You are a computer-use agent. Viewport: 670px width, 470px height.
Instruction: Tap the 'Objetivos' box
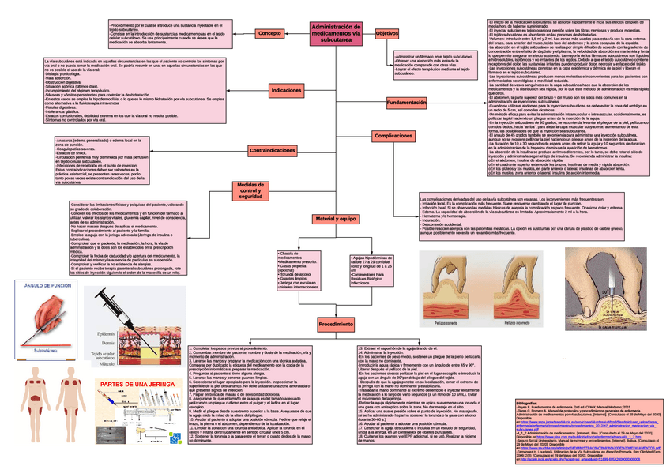click(386, 34)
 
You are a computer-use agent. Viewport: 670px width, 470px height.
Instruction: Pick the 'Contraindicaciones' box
click(273, 150)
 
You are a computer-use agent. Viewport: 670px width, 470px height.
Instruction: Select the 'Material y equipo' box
click(337, 218)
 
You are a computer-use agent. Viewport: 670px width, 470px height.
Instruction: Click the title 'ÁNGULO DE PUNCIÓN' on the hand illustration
click(47, 286)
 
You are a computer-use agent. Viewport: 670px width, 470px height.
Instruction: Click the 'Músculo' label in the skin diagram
click(106, 363)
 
